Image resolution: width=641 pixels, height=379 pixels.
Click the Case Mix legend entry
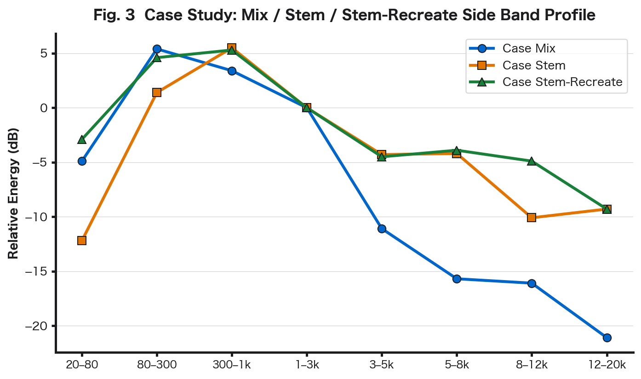coord(529,49)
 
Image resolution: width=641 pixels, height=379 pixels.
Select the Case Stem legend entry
coord(533,65)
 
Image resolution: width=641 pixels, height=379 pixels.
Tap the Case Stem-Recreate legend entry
coord(562,82)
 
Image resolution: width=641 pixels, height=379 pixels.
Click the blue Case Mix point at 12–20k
coord(607,338)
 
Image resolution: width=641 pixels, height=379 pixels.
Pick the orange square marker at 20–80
coord(82,240)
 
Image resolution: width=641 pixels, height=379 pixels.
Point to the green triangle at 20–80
coord(82,139)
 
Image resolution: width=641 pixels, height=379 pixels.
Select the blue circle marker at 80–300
coord(157,49)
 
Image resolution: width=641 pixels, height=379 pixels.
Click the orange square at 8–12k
coord(532,217)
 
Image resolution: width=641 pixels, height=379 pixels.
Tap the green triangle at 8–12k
coord(532,161)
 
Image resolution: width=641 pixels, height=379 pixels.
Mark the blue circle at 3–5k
coord(382,229)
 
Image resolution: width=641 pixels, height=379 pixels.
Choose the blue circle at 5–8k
coord(457,279)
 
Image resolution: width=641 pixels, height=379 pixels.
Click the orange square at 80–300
coord(157,92)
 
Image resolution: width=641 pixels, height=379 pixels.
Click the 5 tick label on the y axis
coord(44,54)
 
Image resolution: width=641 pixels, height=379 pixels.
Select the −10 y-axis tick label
coord(39,217)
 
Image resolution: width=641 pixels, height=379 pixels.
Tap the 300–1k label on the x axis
coord(232,365)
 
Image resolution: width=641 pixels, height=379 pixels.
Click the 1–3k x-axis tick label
coord(307,365)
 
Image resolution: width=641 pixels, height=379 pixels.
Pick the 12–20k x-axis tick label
coord(607,365)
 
